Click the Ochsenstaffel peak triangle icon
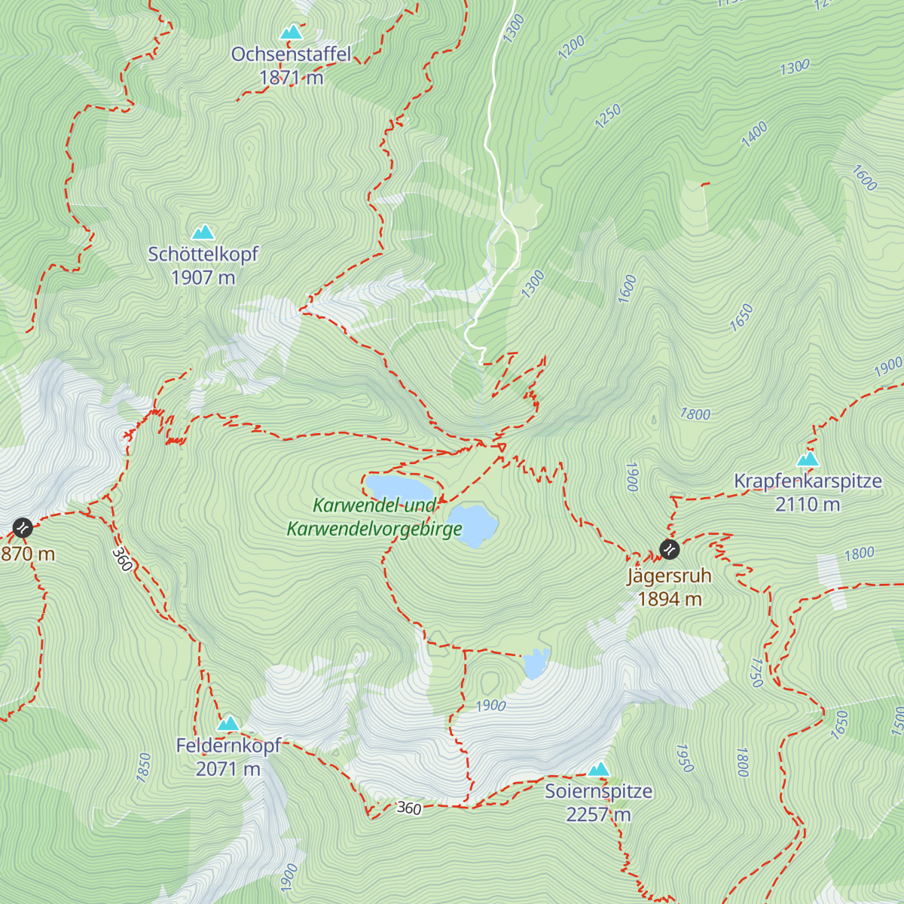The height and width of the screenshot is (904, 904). tap(291, 32)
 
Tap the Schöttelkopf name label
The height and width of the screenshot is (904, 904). tap(203, 255)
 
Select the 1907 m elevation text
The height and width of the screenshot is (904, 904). tap(203, 278)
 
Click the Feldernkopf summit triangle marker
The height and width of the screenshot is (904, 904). tap(228, 724)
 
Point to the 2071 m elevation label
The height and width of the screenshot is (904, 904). tap(228, 769)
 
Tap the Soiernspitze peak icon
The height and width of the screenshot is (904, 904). tap(599, 769)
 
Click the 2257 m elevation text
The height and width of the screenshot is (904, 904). tap(599, 815)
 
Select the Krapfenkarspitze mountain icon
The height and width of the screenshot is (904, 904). tap(808, 459)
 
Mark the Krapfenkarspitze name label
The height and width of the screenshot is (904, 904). tap(808, 481)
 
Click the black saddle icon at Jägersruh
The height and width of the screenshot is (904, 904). tap(669, 549)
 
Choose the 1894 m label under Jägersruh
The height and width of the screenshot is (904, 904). tap(670, 600)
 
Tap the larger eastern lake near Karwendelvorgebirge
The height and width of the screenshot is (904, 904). tap(472, 525)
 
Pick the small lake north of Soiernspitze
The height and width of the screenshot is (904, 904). tap(535, 664)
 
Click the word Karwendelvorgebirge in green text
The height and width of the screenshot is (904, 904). tap(374, 530)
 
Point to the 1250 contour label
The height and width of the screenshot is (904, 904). tap(608, 116)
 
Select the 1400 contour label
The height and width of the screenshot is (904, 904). tap(754, 133)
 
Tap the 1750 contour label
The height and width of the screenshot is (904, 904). tap(757, 672)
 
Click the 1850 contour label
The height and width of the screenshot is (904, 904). tap(143, 768)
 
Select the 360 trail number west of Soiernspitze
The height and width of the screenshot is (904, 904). tap(408, 808)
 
